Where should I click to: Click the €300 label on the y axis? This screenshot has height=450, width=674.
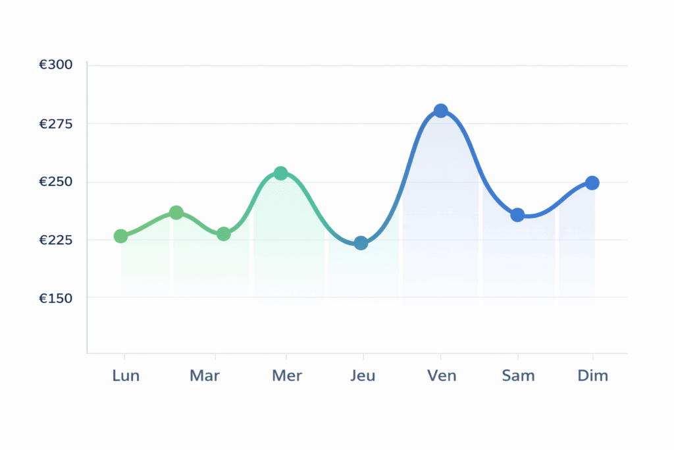pyautogui.click(x=55, y=65)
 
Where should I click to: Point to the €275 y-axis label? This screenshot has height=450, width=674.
pyautogui.click(x=55, y=124)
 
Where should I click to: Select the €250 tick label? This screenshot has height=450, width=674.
pyautogui.click(x=55, y=182)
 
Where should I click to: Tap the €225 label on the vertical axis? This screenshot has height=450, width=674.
pyautogui.click(x=55, y=240)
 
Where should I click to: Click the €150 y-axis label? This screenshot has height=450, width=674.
pyautogui.click(x=55, y=298)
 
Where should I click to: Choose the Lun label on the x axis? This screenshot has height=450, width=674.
pyautogui.click(x=126, y=376)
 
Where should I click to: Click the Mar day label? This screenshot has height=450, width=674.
pyautogui.click(x=205, y=376)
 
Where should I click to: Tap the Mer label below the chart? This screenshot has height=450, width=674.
pyautogui.click(x=287, y=376)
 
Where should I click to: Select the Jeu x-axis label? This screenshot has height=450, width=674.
pyautogui.click(x=363, y=376)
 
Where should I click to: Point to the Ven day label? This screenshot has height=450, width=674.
pyautogui.click(x=442, y=376)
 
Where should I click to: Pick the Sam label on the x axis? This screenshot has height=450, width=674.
pyautogui.click(x=518, y=376)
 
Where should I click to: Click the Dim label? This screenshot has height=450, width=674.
pyautogui.click(x=593, y=376)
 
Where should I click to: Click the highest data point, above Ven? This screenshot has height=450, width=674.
pyautogui.click(x=441, y=111)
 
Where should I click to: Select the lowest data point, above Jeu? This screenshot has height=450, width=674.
pyautogui.click(x=361, y=243)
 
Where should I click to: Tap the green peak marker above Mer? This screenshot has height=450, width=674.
pyautogui.click(x=280, y=173)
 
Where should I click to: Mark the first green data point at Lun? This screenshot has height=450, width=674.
pyautogui.click(x=120, y=236)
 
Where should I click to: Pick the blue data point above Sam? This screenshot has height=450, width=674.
pyautogui.click(x=517, y=215)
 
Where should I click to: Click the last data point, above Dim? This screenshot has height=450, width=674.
pyautogui.click(x=592, y=183)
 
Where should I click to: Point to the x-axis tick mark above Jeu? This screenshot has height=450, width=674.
pyautogui.click(x=363, y=356)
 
